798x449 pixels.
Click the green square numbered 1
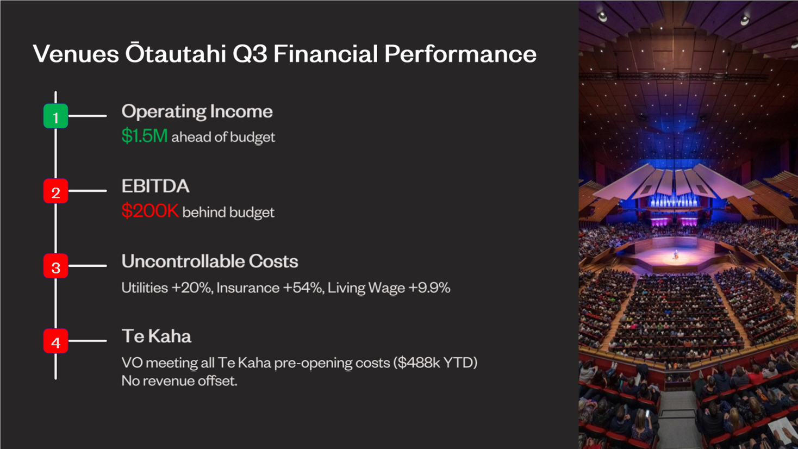pos(55,116)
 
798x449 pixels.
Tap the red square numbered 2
pos(55,191)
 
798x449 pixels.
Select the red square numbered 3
pos(55,266)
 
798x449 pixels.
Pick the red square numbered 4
pos(55,341)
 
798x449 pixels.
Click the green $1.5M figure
pos(144,136)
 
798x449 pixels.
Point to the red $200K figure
pos(150,210)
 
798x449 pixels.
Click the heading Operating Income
pos(197,112)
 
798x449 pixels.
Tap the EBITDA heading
pos(155,186)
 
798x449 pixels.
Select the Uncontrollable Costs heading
pos(210,261)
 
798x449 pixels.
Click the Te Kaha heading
pos(157,336)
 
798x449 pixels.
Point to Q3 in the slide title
pos(250,54)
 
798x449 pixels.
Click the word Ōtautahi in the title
pos(176,53)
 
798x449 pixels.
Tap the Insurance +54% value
pos(270,288)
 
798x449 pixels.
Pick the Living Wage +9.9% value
pos(389,288)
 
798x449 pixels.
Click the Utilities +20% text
pos(167,288)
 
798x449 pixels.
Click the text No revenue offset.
pos(179,381)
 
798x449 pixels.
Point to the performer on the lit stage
pos(676,254)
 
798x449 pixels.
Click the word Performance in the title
pos(460,54)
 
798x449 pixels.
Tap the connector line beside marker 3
pos(88,266)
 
